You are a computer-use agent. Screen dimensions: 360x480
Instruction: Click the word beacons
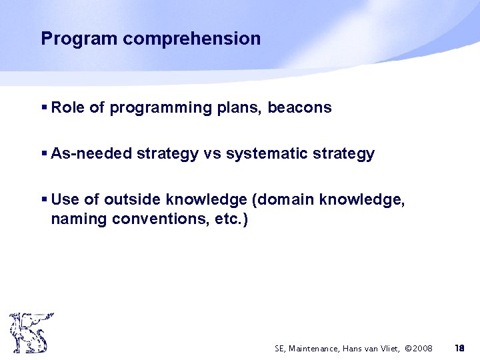click(299, 107)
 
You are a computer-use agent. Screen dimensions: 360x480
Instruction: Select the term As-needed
click(91, 154)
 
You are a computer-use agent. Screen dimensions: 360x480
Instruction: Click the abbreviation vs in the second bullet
click(212, 154)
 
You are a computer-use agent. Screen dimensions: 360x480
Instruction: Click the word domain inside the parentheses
click(292, 200)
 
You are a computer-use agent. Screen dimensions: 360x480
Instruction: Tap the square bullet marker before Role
click(44, 107)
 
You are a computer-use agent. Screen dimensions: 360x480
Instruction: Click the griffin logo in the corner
click(31, 333)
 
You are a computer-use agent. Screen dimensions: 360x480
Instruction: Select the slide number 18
click(459, 348)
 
